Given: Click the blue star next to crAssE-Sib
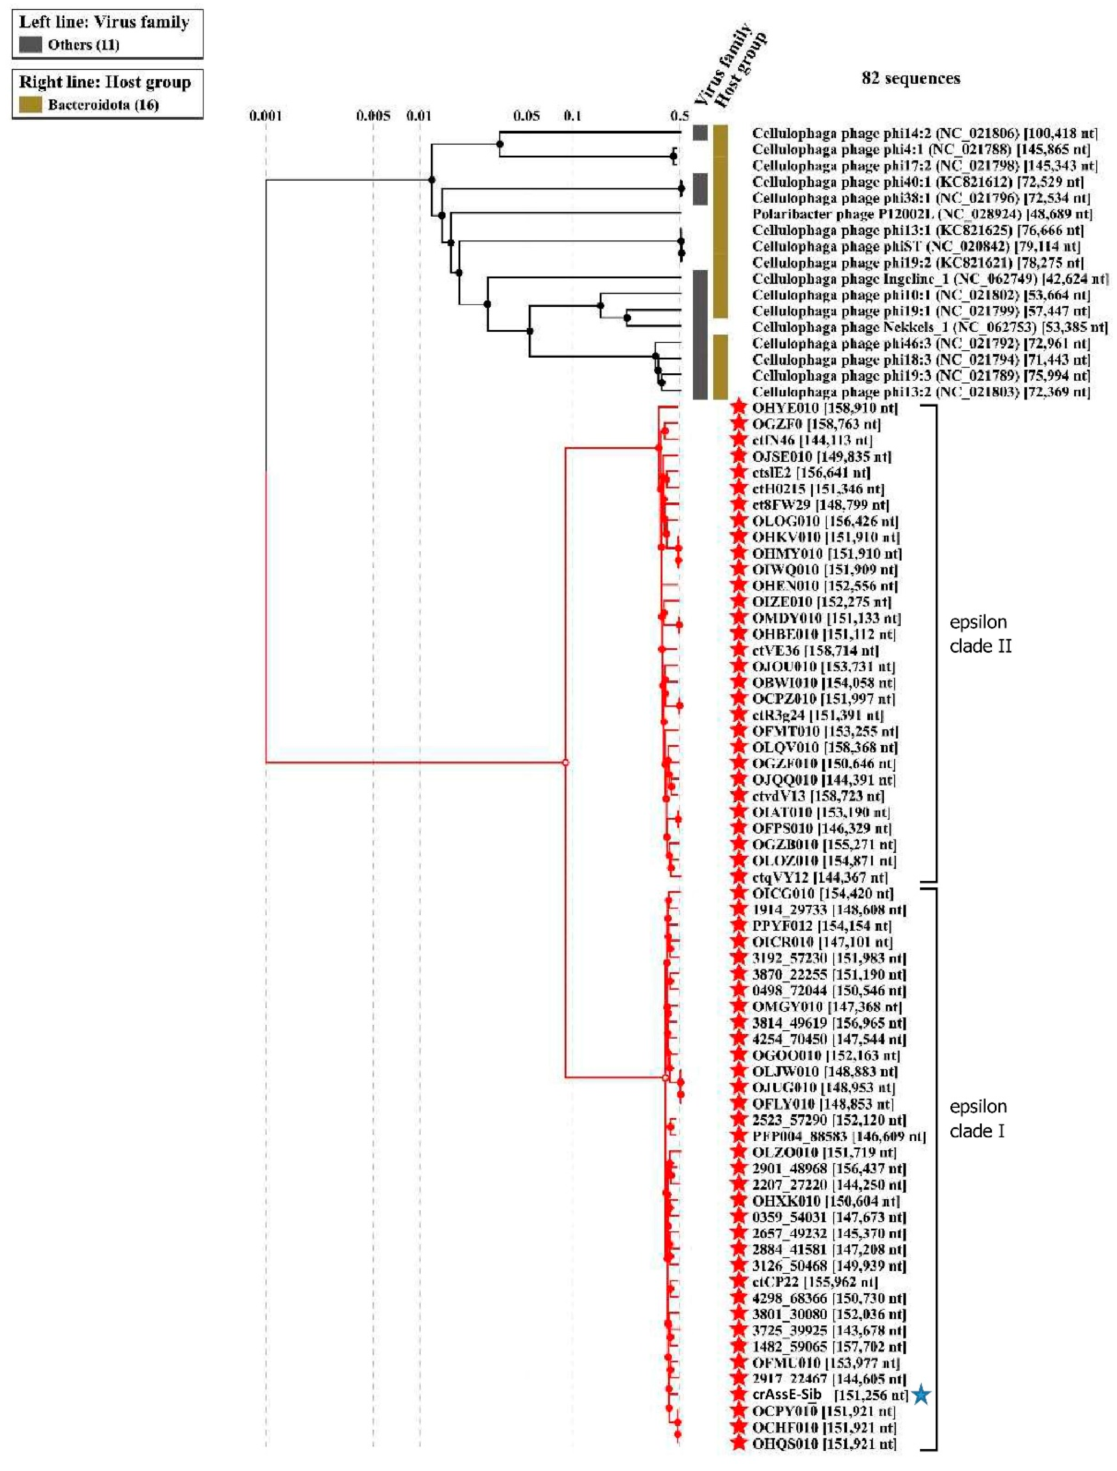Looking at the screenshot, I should [x=921, y=1395].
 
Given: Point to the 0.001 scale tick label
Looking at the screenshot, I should [x=266, y=116].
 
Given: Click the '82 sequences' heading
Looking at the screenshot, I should [x=911, y=79].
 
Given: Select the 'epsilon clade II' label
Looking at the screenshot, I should [x=980, y=634].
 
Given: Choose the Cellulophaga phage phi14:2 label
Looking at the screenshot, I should [x=924, y=133].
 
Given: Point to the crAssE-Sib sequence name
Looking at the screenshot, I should [x=786, y=1395].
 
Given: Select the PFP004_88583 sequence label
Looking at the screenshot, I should [x=838, y=1136].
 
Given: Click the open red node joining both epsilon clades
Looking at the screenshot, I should [x=566, y=762].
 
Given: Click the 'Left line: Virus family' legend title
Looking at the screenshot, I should [x=104, y=22].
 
